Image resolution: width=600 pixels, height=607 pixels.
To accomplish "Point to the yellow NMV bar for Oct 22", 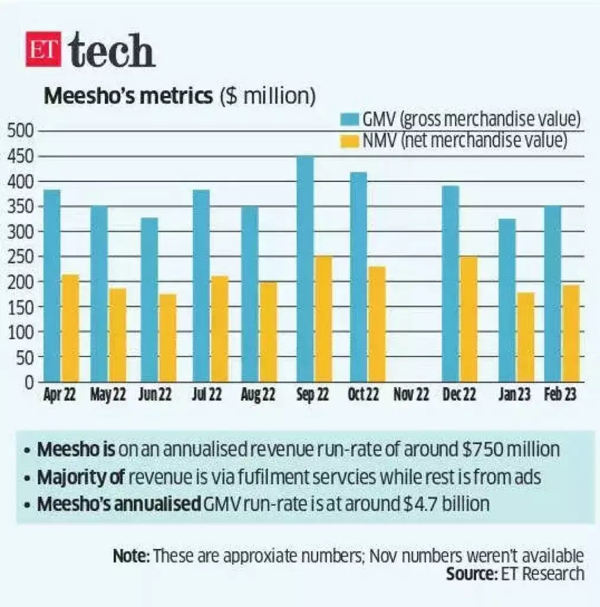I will pos(377,324).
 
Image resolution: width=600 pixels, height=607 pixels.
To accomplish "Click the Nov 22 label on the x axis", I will pos(412,394).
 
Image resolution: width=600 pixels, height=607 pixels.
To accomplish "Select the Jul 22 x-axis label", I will pos(207,394).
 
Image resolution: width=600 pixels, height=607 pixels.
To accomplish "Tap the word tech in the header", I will pos(112,51).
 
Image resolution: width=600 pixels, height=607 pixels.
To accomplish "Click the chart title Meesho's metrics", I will pos(128,96).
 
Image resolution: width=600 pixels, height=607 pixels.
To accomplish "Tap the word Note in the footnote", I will pos(131,557).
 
